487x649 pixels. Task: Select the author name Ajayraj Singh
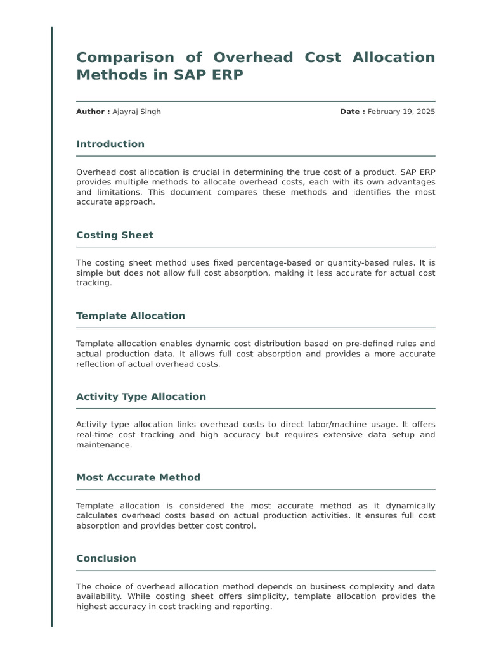click(136, 112)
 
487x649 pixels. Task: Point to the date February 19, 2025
click(401, 112)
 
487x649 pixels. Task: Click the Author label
click(93, 112)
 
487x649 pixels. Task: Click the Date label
click(353, 112)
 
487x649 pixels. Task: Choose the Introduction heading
click(110, 144)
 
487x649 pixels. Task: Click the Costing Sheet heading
click(115, 235)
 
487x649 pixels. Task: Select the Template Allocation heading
click(131, 316)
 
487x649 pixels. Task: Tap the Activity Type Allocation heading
click(141, 397)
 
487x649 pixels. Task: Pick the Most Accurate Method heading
click(138, 477)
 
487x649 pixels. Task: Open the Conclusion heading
click(106, 558)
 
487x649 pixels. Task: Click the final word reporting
click(252, 607)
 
